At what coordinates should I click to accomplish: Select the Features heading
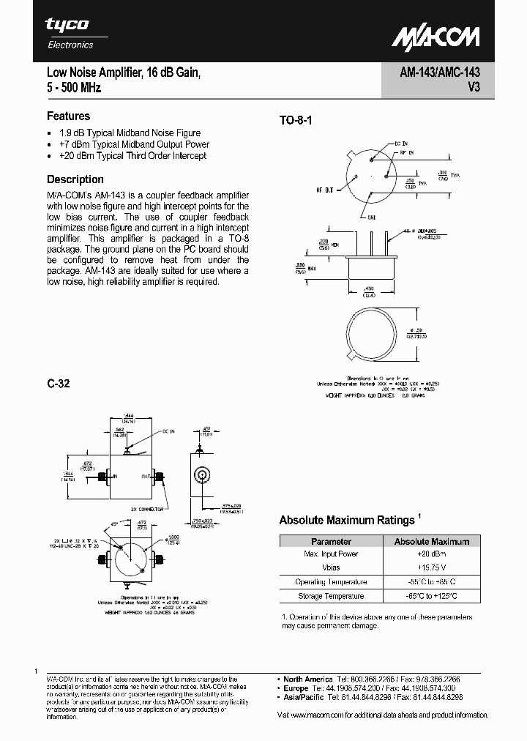coord(68,116)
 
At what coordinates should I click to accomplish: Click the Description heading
coord(75,179)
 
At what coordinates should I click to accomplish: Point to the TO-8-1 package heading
coord(296,121)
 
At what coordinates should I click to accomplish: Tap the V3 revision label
coord(473,88)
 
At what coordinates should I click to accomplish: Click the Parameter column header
coord(331,541)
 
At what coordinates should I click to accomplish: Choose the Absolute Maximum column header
coord(431,541)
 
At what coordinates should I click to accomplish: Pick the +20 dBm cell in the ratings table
coord(431,554)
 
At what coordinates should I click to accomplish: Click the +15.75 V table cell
coord(431,567)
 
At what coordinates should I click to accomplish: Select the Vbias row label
coord(331,567)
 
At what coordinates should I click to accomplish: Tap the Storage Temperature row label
coord(331,596)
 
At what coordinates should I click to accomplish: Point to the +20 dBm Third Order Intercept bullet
coord(132,156)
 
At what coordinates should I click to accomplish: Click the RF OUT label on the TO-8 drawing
coord(324,190)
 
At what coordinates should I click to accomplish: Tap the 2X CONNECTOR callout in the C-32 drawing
coord(145,507)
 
